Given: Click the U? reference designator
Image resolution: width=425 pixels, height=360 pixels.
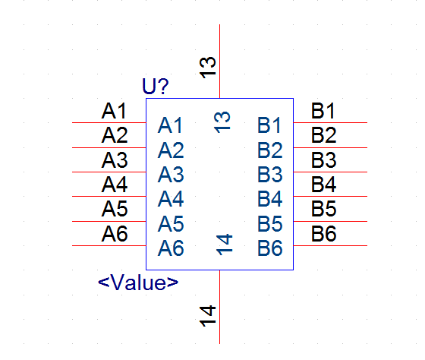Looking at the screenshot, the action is tap(156, 87).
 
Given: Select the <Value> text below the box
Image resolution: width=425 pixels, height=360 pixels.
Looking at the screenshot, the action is tap(138, 283).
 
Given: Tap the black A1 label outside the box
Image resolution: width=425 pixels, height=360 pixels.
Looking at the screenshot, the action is tap(114, 111).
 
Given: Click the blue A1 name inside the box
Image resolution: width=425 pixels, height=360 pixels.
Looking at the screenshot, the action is tap(170, 125).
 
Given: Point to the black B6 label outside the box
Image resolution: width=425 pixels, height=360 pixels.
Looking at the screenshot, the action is tap(323, 234).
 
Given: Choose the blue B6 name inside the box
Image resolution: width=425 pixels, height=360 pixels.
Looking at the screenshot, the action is tap(270, 248).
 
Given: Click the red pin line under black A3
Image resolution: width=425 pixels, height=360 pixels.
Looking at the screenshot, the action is tap(109, 172).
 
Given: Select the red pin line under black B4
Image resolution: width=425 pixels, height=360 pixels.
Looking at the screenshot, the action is tap(330, 196).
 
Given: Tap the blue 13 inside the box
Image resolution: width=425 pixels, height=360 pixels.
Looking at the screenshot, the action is tap(222, 122).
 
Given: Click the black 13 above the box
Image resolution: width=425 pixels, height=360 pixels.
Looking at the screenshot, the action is tap(208, 68).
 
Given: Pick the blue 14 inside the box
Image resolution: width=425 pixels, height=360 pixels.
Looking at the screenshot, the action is tap(224, 245).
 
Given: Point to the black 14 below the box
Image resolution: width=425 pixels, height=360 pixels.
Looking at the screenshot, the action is tap(208, 316).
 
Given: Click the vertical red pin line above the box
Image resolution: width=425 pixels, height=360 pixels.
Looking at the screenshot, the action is tap(219, 62).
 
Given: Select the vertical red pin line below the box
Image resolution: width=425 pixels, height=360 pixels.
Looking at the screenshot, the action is tap(219, 307).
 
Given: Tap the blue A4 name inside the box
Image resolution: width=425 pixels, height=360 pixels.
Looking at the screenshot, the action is tap(171, 199).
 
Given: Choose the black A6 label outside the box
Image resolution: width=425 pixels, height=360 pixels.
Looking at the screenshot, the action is tap(115, 234).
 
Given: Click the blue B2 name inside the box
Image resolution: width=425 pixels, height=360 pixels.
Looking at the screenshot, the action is tap(270, 150).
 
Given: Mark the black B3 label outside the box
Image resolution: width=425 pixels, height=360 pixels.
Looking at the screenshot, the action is tap(323, 160).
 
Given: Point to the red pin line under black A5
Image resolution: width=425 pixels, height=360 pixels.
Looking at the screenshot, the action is tap(109, 221).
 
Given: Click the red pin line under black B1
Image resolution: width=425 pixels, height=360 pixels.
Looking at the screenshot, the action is tap(330, 122).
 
